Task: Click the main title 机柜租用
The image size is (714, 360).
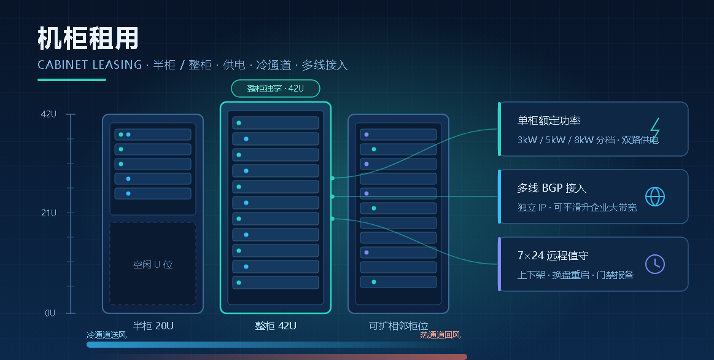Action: pyautogui.click(x=88, y=38)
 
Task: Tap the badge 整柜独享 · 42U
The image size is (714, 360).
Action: pyautogui.click(x=276, y=88)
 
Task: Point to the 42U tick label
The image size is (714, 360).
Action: pyautogui.click(x=49, y=114)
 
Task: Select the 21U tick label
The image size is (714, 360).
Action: pyautogui.click(x=49, y=213)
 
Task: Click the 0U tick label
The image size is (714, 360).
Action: pyautogui.click(x=50, y=313)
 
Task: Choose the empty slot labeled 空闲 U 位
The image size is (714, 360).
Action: pyautogui.click(x=153, y=264)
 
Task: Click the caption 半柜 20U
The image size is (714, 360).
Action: pyautogui.click(x=153, y=326)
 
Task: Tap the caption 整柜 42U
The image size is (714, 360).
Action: pyautogui.click(x=276, y=326)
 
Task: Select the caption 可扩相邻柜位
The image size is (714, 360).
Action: pyautogui.click(x=398, y=326)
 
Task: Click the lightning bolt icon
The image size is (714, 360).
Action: pyautogui.click(x=655, y=128)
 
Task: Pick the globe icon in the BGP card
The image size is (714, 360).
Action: pyautogui.click(x=655, y=197)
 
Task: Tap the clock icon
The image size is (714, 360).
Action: pyautogui.click(x=655, y=264)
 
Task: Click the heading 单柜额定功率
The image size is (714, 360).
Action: pyautogui.click(x=549, y=120)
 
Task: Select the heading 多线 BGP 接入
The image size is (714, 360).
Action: pyautogui.click(x=551, y=188)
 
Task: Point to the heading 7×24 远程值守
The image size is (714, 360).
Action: pyautogui.click(x=553, y=255)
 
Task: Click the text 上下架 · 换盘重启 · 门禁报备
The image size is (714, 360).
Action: pyautogui.click(x=575, y=275)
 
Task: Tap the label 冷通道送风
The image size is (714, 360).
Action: pyautogui.click(x=107, y=335)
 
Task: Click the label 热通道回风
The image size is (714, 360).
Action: pyautogui.click(x=440, y=335)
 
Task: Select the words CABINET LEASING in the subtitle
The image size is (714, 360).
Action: pyautogui.click(x=90, y=65)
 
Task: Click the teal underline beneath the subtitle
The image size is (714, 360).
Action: pyautogui.click(x=71, y=80)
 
